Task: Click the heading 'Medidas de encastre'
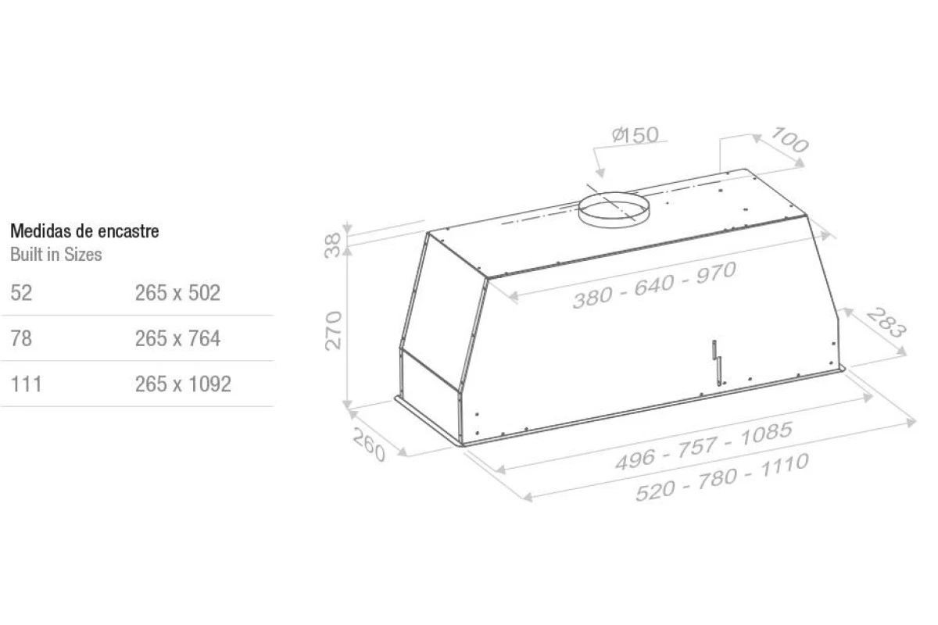[x=84, y=231]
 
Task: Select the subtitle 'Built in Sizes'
[x=56, y=255]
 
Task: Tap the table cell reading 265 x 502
[x=177, y=293]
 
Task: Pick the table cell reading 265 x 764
[x=177, y=338]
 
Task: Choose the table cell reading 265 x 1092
[x=183, y=384]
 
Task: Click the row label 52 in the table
[x=21, y=293]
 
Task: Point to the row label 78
[x=21, y=338]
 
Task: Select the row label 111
[x=27, y=384]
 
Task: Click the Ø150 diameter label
[x=635, y=135]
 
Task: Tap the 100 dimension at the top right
[x=789, y=140]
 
